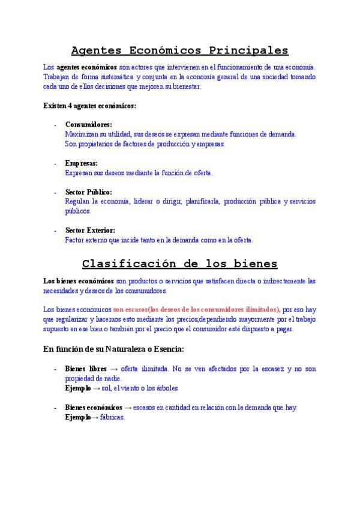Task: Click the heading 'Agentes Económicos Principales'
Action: tap(179, 50)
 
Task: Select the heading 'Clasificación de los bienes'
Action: tap(179, 263)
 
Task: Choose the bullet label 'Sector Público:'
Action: tap(89, 192)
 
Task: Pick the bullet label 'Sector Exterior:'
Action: tap(90, 230)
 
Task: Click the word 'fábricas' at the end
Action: tap(113, 417)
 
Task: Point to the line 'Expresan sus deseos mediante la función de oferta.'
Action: tap(139, 173)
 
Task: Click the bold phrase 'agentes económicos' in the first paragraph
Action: tap(86, 67)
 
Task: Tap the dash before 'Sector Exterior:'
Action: tap(55, 230)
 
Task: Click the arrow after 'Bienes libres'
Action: tap(114, 369)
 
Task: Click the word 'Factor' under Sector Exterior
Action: tap(75, 240)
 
